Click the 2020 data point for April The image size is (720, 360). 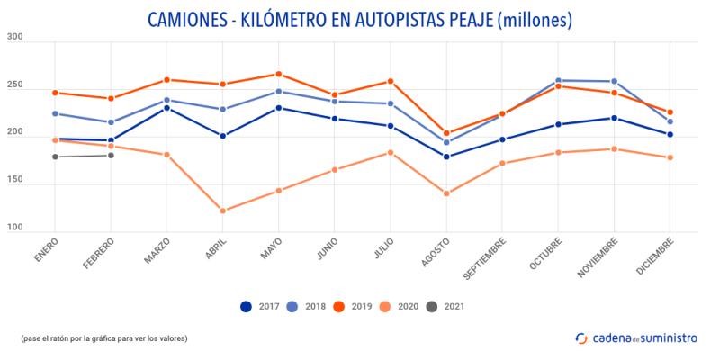pyautogui.click(x=222, y=211)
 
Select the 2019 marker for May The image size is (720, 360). pyautogui.click(x=278, y=74)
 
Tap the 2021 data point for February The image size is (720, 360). pyautogui.click(x=111, y=156)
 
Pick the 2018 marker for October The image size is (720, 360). pyautogui.click(x=559, y=81)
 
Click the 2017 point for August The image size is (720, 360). pyautogui.click(x=446, y=157)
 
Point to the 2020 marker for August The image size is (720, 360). pyautogui.click(x=446, y=193)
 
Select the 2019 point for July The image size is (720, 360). pyautogui.click(x=391, y=81)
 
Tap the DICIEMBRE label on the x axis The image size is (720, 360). pyautogui.click(x=658, y=256)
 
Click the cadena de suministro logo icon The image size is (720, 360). pyautogui.click(x=581, y=337)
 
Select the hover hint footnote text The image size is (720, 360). pyautogui.click(x=103, y=338)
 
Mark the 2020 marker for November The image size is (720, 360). pyautogui.click(x=615, y=149)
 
